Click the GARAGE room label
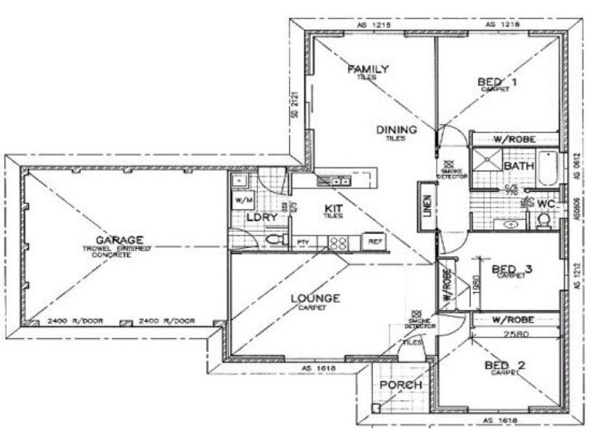[119, 240]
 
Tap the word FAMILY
[368, 69]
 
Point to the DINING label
[397, 130]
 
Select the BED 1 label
[496, 82]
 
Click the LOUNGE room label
[315, 298]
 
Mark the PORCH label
[400, 385]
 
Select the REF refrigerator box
[375, 241]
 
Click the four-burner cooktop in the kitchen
[338, 242]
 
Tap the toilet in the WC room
[544, 220]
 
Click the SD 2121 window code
[293, 104]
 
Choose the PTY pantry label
[302, 242]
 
